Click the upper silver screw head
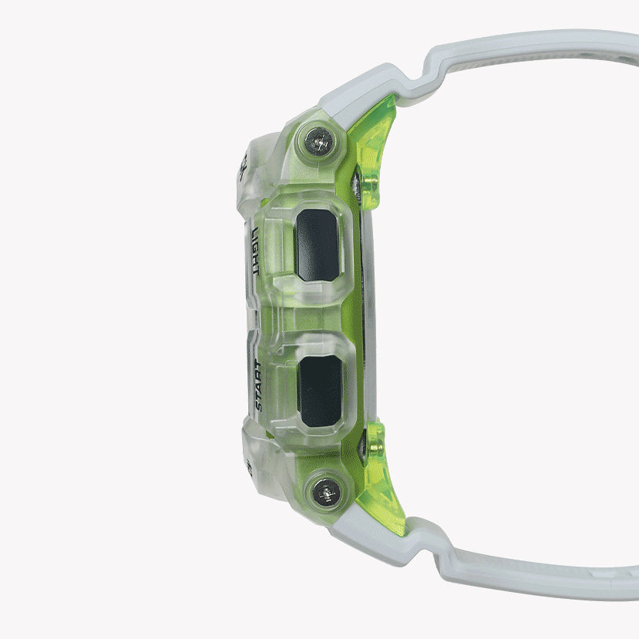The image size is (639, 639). point(318,140)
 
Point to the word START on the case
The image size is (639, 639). point(260,390)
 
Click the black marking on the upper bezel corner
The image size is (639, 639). point(241,164)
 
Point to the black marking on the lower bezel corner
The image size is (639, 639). point(249,466)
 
